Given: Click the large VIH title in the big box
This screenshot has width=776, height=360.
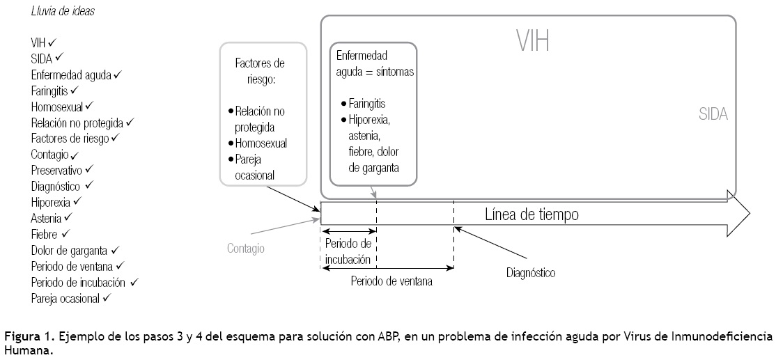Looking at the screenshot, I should coord(532,41).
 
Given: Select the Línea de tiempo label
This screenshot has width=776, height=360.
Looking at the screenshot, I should coord(531,214).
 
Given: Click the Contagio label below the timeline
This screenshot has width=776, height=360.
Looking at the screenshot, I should coord(246,248).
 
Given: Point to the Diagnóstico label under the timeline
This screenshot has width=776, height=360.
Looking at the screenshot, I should coord(531,273).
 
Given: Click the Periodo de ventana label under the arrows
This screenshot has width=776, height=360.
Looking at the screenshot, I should coord(391,282).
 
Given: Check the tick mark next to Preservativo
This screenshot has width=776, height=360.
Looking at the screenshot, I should coord(89,169).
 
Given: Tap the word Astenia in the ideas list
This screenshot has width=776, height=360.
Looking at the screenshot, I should coord(47,219).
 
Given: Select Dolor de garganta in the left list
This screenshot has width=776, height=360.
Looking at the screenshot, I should coord(70,250).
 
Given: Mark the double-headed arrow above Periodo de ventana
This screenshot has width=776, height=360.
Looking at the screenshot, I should coord(387,268).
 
